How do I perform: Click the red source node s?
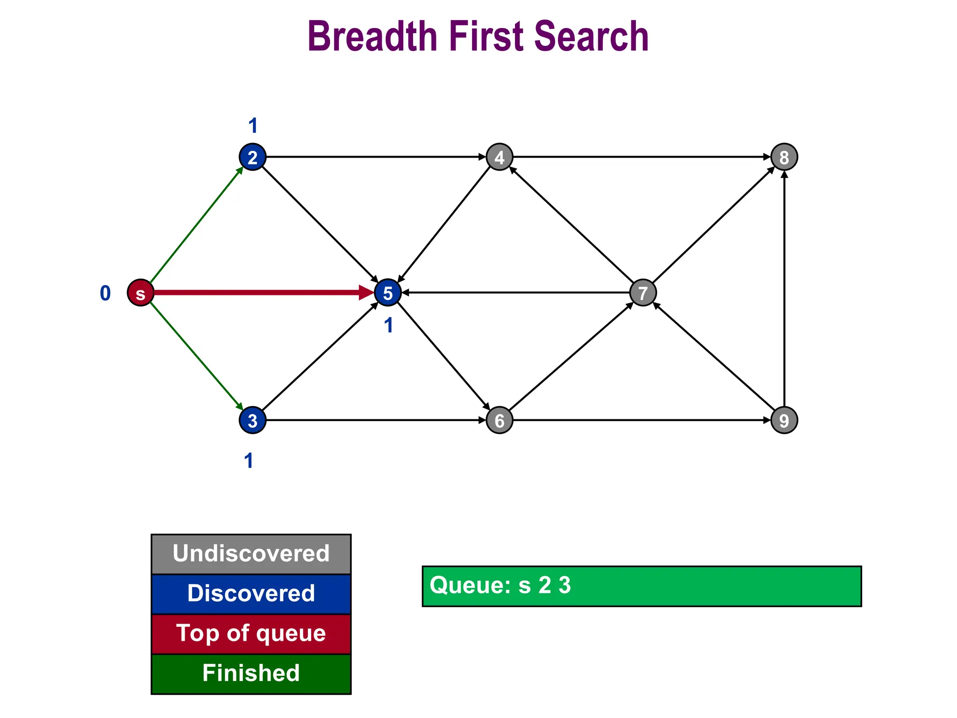click(141, 293)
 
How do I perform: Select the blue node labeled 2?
click(252, 157)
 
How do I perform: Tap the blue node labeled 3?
click(252, 420)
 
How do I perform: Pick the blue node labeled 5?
click(388, 293)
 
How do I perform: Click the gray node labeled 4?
click(500, 157)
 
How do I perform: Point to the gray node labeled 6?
click(500, 420)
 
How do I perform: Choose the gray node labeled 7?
click(643, 293)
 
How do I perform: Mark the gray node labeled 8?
click(784, 157)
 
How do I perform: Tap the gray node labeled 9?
click(784, 420)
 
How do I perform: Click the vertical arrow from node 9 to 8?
click(784, 290)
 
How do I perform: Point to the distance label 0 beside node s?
click(105, 293)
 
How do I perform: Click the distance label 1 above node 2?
click(253, 126)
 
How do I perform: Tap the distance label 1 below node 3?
click(249, 461)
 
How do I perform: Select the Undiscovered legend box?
click(251, 554)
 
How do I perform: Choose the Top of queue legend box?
click(251, 634)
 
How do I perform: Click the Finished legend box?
click(251, 674)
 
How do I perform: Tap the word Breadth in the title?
click(372, 36)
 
